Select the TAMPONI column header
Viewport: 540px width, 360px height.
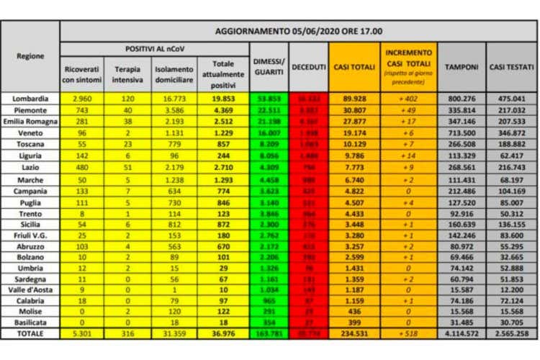pos(461,67)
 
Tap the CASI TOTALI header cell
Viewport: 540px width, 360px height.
pos(354,67)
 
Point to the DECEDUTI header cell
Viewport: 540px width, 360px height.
pos(308,67)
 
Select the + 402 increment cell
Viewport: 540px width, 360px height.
pos(408,98)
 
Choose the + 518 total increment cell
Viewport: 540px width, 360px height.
pos(408,334)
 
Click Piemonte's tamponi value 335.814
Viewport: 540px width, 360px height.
pos(461,109)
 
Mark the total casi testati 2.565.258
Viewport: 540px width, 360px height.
pos(511,334)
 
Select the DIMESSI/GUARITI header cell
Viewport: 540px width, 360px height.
pos(269,67)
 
